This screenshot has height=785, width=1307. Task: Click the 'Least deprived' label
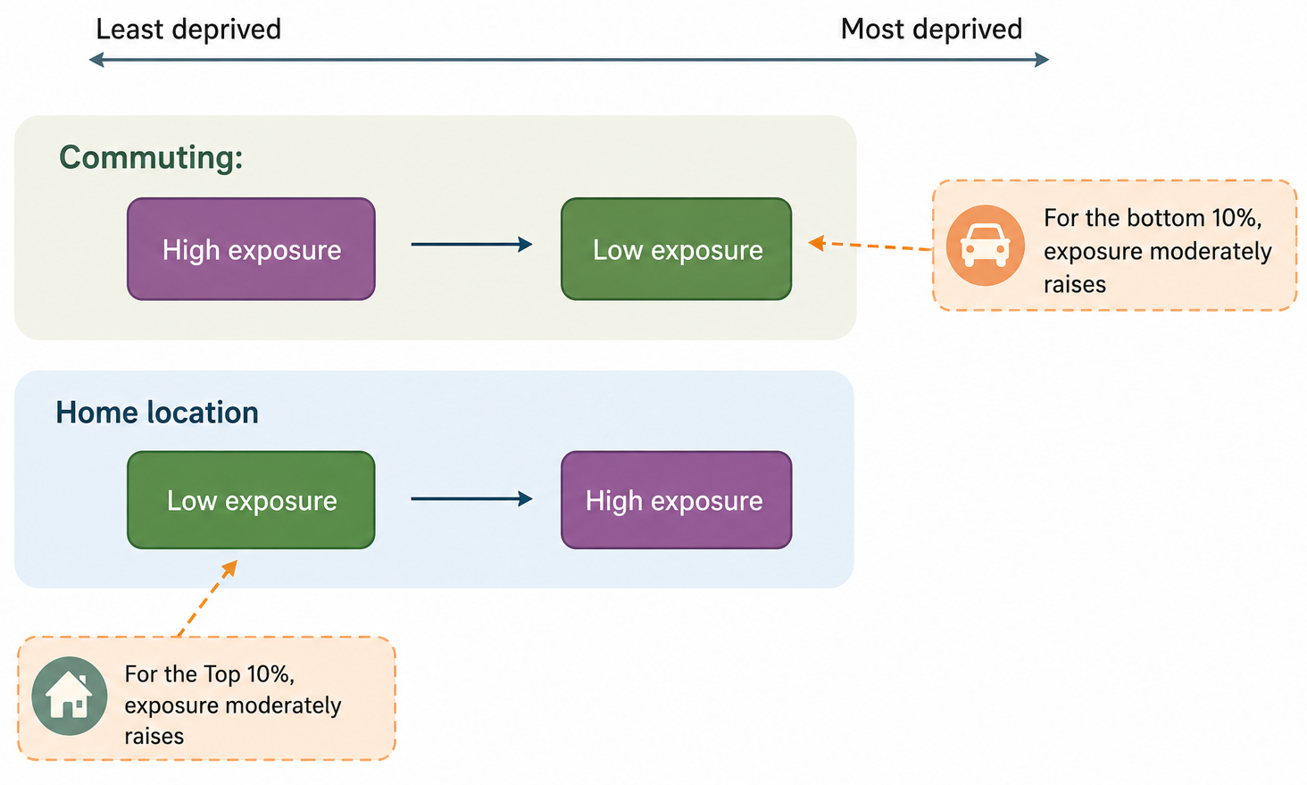[188, 29]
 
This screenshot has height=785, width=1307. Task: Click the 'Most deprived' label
[931, 29]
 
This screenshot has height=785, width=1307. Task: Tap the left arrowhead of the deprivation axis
[96, 60]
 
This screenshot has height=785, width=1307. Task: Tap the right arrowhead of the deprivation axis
[1042, 60]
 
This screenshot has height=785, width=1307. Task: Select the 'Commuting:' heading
[151, 157]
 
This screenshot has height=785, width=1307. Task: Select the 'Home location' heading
[157, 413]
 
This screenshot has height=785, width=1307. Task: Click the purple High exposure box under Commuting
[251, 249]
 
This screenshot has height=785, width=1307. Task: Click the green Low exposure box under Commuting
[676, 249]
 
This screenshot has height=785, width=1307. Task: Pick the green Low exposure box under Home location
[251, 499]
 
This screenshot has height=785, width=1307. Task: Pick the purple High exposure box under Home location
[676, 499]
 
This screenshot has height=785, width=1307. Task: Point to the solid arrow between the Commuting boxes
[471, 244]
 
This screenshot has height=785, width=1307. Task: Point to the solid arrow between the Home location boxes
[471, 498]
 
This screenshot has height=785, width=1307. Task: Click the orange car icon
[986, 245]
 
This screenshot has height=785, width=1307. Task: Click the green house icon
[70, 696]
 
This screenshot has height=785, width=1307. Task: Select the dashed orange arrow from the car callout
[870, 246]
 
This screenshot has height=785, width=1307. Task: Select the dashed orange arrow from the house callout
[208, 597]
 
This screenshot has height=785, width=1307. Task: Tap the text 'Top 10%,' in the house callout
[249, 674]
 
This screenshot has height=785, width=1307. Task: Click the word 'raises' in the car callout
[1075, 285]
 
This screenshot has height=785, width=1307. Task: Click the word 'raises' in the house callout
[154, 737]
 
